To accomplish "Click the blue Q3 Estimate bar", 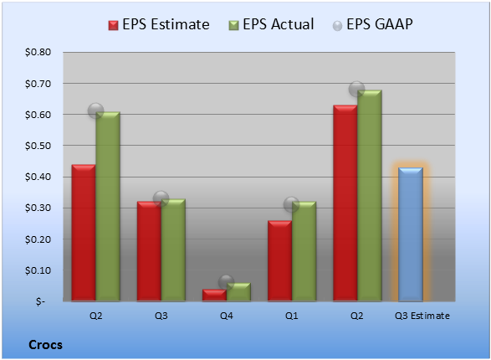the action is pyautogui.click(x=411, y=234).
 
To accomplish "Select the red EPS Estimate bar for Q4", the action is pyautogui.click(x=214, y=296).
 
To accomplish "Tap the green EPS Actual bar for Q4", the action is pyautogui.click(x=238, y=292).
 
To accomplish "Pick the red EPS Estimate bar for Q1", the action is pyautogui.click(x=279, y=261).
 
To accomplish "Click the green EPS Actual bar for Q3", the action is pyautogui.click(x=173, y=250).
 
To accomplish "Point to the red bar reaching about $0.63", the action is pyautogui.click(x=345, y=203).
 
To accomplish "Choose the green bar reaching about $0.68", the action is pyautogui.click(x=370, y=196).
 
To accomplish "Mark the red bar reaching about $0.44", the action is pyautogui.click(x=84, y=233).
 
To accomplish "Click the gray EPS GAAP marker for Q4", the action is pyautogui.click(x=226, y=282).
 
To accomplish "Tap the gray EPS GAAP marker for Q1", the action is pyautogui.click(x=292, y=204).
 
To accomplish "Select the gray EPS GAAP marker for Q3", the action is pyautogui.click(x=161, y=198).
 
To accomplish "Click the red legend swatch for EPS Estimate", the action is pyautogui.click(x=114, y=25).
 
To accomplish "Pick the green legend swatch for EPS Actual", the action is pyautogui.click(x=233, y=25).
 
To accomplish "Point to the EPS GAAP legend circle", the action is pyautogui.click(x=337, y=26).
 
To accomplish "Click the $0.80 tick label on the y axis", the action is pyautogui.click(x=38, y=52).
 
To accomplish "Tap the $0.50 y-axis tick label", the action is pyautogui.click(x=38, y=146).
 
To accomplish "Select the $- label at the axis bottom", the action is pyautogui.click(x=40, y=301).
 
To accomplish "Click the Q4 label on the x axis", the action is pyautogui.click(x=227, y=316).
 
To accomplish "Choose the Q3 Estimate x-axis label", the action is pyautogui.click(x=422, y=316).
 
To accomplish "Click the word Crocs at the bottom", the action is pyautogui.click(x=45, y=345).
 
